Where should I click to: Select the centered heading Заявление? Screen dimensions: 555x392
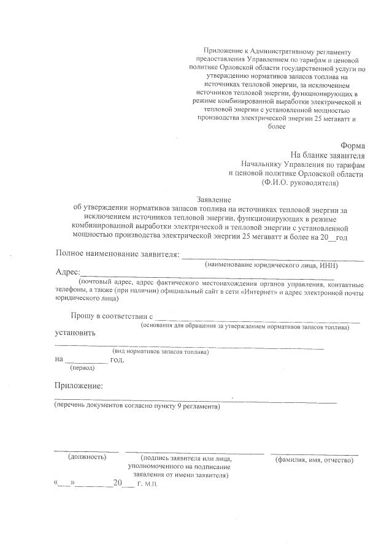(x=213, y=199)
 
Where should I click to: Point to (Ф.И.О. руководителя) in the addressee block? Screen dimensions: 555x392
(x=299, y=183)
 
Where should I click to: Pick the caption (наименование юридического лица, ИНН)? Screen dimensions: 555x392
(x=272, y=265)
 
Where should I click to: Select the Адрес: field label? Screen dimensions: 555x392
(x=67, y=272)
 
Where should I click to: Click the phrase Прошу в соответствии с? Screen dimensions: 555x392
(x=110, y=315)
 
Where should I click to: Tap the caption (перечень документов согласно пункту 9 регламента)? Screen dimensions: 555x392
(x=137, y=407)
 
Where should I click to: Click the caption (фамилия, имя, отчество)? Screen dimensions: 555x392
(x=314, y=459)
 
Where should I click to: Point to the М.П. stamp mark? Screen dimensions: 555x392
(x=152, y=484)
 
